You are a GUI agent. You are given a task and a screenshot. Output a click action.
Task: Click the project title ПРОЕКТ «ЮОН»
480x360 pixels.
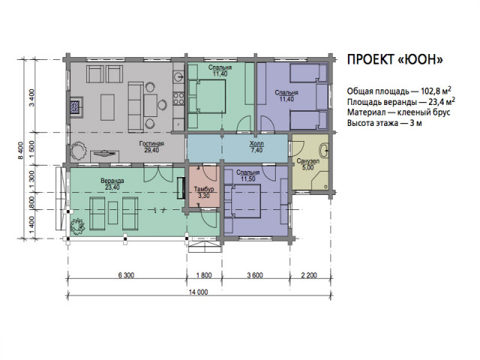[x=395, y=59]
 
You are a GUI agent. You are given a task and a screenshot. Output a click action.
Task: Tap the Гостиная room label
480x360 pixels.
[x=151, y=143]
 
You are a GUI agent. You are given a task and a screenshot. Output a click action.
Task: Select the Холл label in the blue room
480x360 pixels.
[x=256, y=143]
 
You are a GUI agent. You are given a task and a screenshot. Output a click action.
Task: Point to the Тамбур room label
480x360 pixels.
[x=204, y=189]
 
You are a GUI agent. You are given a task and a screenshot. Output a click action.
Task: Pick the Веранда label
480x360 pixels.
[x=112, y=181]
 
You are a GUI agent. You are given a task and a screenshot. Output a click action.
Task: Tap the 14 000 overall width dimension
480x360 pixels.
[x=198, y=292]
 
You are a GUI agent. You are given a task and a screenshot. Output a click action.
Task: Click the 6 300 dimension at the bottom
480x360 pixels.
[x=126, y=275]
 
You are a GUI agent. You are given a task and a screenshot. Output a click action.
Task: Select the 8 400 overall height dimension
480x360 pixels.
[x=20, y=150]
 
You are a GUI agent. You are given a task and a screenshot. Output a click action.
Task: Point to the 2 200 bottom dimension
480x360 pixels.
[x=309, y=275]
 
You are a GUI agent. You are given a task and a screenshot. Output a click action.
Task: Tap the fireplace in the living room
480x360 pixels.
[x=76, y=107]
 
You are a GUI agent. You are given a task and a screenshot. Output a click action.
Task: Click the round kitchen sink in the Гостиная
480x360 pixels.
[x=178, y=76]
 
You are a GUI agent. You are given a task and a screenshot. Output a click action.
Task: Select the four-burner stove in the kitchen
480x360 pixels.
[x=178, y=99]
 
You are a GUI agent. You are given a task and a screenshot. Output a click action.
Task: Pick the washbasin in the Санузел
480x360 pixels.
[x=324, y=150]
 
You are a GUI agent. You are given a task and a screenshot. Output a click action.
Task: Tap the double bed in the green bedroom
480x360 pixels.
[x=207, y=97]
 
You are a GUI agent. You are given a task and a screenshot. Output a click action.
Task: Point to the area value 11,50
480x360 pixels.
[x=247, y=179]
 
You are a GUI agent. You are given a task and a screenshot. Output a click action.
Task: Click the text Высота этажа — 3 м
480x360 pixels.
[x=385, y=123]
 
